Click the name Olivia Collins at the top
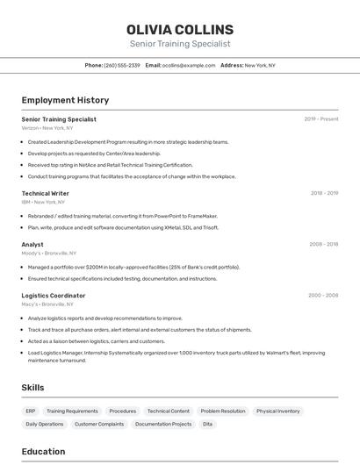[180, 30]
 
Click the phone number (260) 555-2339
[122, 65]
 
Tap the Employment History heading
[65, 100]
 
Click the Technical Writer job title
[46, 193]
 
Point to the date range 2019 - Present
[321, 119]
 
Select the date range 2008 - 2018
[324, 244]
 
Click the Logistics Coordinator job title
[54, 296]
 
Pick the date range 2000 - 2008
[323, 295]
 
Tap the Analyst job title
[32, 245]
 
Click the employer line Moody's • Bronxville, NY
[49, 253]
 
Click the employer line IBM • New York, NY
[46, 202]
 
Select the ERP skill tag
[31, 411]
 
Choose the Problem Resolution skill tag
[223, 411]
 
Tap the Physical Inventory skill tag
[278, 411]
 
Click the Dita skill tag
[208, 424]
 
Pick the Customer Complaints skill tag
[99, 424]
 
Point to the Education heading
[43, 452]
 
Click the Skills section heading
[33, 387]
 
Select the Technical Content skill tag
[168, 411]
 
